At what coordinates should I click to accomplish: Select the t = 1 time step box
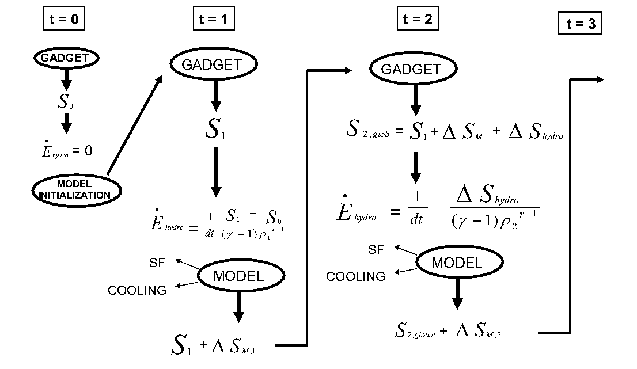pyautogui.click(x=213, y=20)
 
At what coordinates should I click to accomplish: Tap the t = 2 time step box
pyautogui.click(x=418, y=20)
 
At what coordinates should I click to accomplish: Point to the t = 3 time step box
pyautogui.click(x=580, y=24)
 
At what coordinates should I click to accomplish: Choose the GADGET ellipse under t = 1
pyautogui.click(x=211, y=64)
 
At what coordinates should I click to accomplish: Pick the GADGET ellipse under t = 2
pyautogui.click(x=411, y=69)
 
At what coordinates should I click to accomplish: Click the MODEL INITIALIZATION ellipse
pyautogui.click(x=77, y=191)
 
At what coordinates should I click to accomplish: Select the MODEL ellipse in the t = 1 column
pyautogui.click(x=238, y=276)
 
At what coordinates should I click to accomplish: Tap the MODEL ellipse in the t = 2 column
pyautogui.click(x=457, y=263)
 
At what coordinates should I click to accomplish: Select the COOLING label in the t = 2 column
pyautogui.click(x=355, y=277)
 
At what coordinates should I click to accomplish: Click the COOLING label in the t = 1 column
pyautogui.click(x=137, y=290)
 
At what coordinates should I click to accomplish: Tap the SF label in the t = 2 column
pyautogui.click(x=376, y=249)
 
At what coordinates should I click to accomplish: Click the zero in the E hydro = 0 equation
pyautogui.click(x=88, y=150)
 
